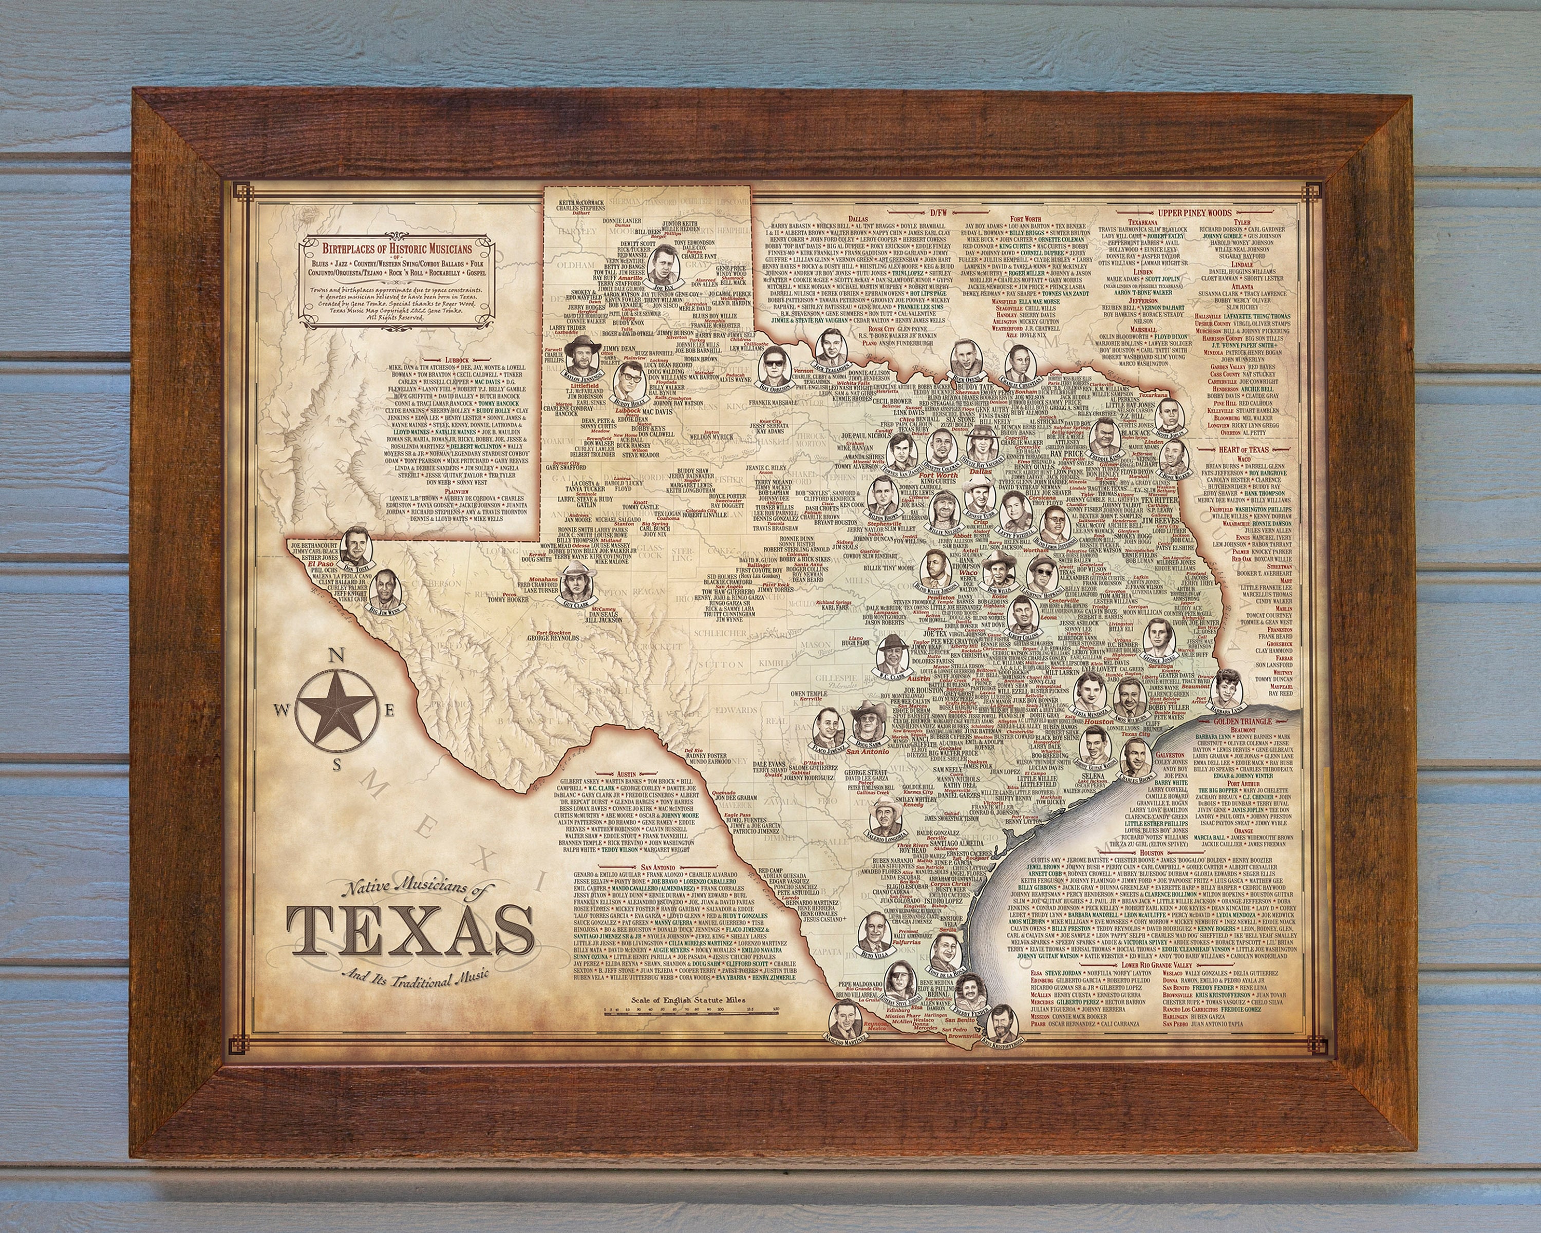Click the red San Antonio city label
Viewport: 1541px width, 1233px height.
(868, 751)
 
